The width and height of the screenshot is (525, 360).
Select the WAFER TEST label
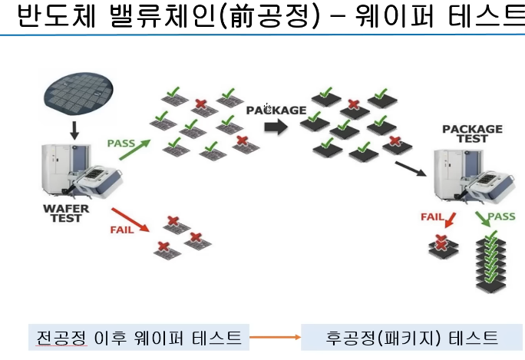click(x=67, y=213)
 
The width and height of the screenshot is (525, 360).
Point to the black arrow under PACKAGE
click(x=271, y=127)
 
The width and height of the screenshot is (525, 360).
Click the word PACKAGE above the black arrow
click(x=276, y=110)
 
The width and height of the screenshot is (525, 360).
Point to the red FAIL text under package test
click(x=432, y=216)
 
